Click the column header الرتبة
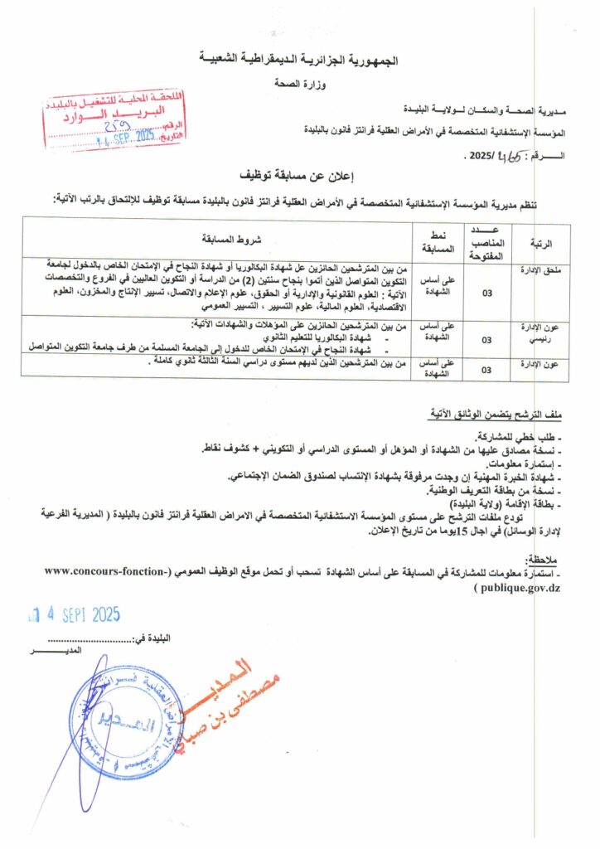click(x=540, y=242)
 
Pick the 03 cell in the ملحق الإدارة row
click(x=486, y=292)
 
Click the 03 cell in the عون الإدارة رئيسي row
click(x=486, y=339)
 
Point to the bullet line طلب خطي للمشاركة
click(x=521, y=436)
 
